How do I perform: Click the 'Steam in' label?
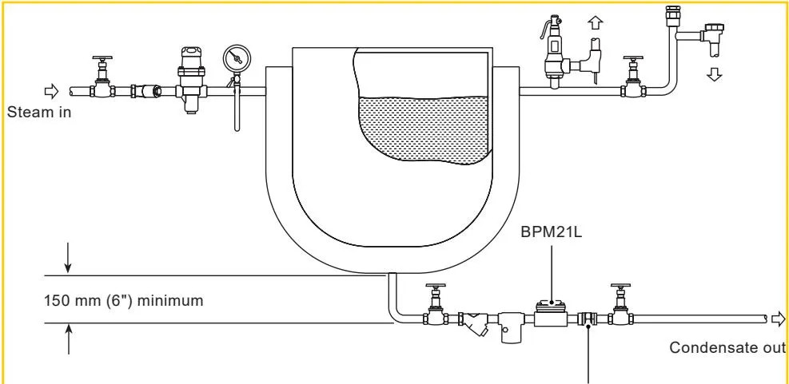(x=38, y=112)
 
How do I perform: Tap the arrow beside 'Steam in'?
(x=52, y=92)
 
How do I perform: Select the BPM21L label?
(x=551, y=232)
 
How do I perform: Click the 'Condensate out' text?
(x=727, y=347)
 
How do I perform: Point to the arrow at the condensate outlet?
(x=779, y=319)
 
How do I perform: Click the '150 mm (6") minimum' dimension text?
(x=124, y=300)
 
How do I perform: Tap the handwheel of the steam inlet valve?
(x=102, y=59)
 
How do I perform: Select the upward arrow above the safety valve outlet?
(x=596, y=23)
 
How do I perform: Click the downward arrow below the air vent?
(x=714, y=74)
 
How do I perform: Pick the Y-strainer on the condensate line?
(x=475, y=324)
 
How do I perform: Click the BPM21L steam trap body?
(x=551, y=314)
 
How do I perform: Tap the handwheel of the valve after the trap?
(x=621, y=287)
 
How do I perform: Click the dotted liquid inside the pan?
(x=424, y=129)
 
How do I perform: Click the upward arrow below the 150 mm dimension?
(x=69, y=339)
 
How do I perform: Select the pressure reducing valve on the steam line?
(x=192, y=79)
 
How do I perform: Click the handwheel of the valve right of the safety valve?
(x=633, y=59)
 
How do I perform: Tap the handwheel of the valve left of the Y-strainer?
(x=436, y=287)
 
